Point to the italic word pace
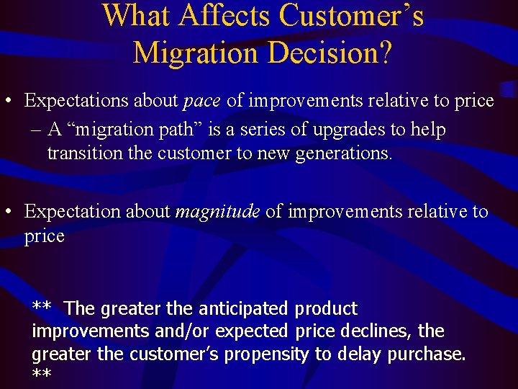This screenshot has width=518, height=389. pyautogui.click(x=201, y=101)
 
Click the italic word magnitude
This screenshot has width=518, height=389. pyautogui.click(x=217, y=212)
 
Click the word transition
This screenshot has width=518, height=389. pyautogui.click(x=78, y=153)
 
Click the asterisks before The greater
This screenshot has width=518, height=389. pyautogui.click(x=41, y=308)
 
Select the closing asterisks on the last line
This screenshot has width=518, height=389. pyautogui.click(x=41, y=375)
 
